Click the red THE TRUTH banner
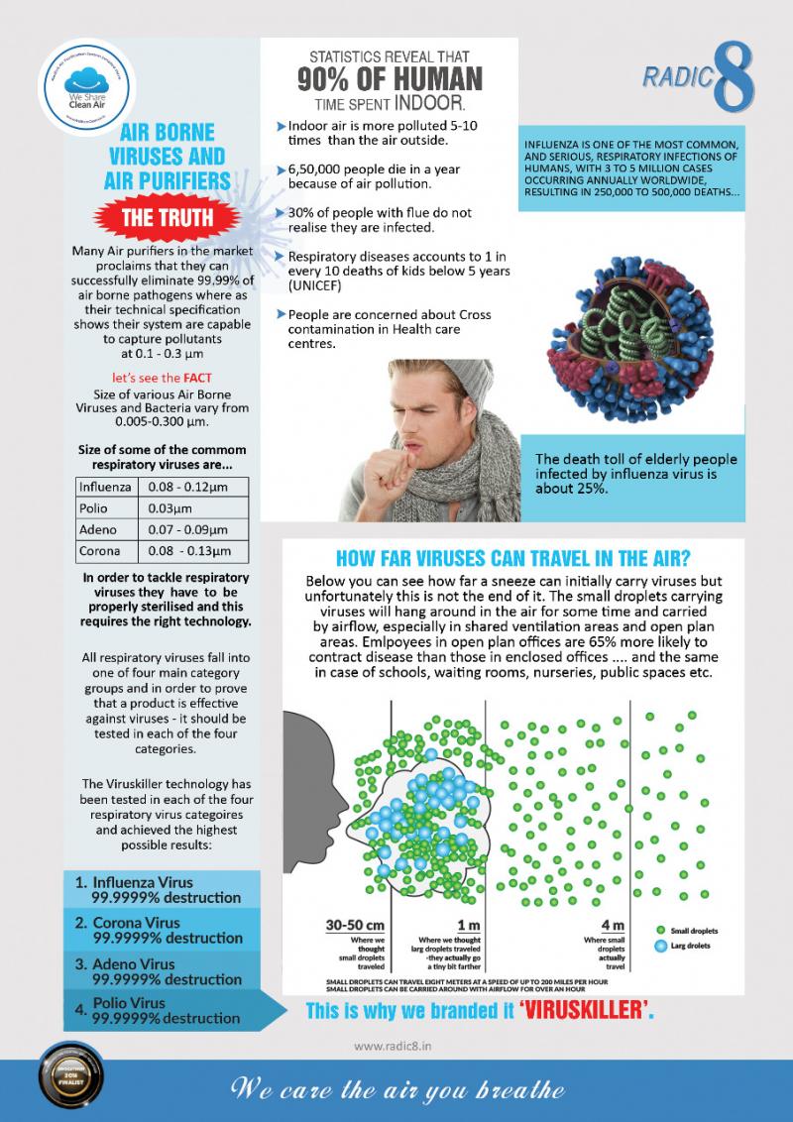click(x=157, y=220)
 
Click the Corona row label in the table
click(x=100, y=551)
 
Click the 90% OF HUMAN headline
click(x=391, y=78)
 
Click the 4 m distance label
click(x=612, y=925)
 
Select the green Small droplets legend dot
click(x=660, y=931)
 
